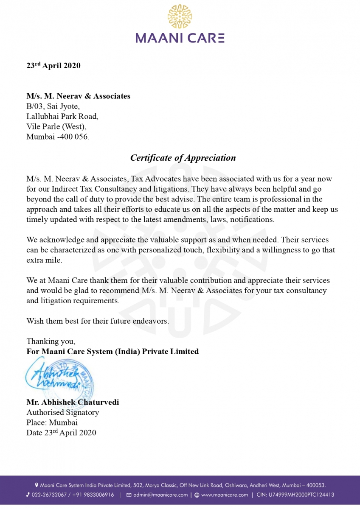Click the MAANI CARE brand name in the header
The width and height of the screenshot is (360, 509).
click(180, 38)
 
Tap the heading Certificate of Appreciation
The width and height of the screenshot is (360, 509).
click(183, 158)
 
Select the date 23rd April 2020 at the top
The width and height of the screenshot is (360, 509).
click(53, 66)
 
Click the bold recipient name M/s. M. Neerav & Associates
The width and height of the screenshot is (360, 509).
click(78, 96)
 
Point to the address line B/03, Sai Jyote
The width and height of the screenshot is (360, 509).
click(53, 106)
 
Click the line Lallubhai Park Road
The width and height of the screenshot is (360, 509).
click(62, 117)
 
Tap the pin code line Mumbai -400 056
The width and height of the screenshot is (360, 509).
click(58, 137)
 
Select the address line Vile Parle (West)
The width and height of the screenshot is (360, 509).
click(56, 127)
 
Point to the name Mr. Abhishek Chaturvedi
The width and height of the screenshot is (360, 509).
click(73, 402)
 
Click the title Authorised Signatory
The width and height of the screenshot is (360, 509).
click(62, 412)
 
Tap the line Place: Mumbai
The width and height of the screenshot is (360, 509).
click(52, 422)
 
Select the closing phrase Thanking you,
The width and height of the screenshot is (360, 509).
click(51, 341)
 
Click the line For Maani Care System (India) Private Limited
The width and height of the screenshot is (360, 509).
click(112, 351)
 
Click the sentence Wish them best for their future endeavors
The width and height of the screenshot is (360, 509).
click(98, 321)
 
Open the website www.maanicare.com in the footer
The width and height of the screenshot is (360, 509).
click(224, 495)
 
